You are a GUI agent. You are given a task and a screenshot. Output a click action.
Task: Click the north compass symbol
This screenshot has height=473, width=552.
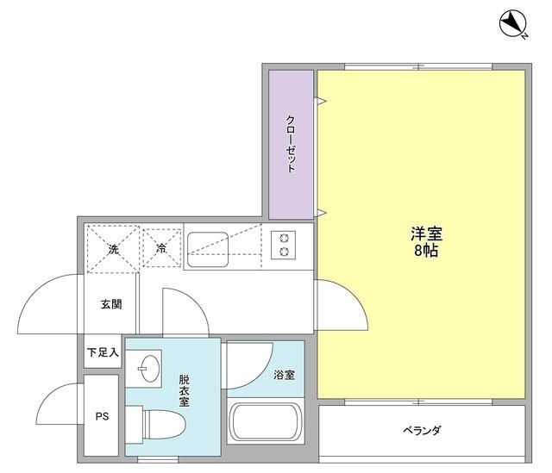click(x=514, y=24)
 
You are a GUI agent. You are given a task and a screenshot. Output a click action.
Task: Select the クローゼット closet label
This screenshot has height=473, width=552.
click(x=291, y=144)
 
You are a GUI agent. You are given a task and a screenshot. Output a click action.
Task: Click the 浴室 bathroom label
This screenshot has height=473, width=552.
click(x=284, y=375)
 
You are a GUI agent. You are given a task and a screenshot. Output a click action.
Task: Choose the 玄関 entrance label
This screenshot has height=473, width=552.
click(x=110, y=303)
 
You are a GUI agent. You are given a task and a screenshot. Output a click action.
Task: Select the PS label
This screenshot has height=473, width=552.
click(x=101, y=418)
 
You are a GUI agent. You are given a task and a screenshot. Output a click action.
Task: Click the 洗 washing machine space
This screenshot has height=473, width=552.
click(x=112, y=249)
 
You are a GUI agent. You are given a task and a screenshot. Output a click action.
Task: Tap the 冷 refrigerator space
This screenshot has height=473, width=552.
click(x=161, y=249)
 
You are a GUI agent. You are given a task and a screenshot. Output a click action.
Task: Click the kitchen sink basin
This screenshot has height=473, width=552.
click(x=208, y=246)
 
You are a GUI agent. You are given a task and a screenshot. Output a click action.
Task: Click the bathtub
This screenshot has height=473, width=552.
click(x=265, y=423)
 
